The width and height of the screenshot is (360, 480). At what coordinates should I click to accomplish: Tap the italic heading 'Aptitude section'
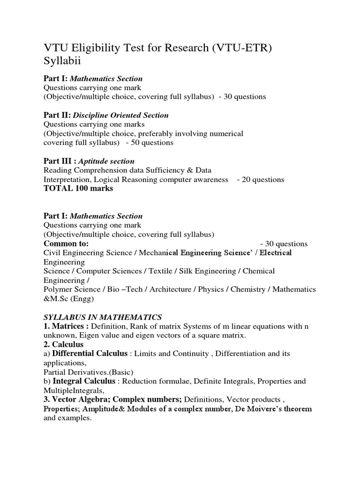coord(106,161)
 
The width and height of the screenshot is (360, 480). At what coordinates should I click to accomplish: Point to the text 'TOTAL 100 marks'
coord(78,188)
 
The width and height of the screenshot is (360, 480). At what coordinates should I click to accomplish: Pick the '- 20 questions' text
coord(261,180)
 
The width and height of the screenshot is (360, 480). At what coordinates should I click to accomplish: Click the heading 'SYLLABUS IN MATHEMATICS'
coord(103,317)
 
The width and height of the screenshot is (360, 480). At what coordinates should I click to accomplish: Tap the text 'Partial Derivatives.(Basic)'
coord(82,372)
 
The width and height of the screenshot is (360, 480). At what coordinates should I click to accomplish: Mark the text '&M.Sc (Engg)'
coord(69,299)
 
